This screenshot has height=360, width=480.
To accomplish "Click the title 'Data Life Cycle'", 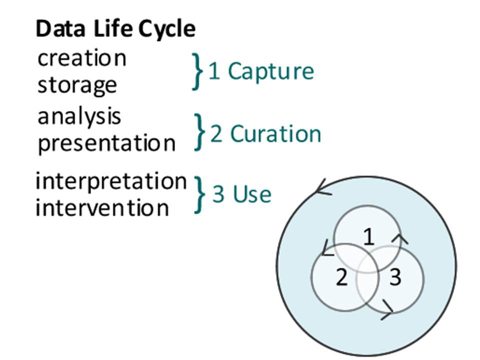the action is pyautogui.click(x=115, y=29).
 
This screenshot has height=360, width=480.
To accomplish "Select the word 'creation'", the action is pyautogui.click(x=81, y=58).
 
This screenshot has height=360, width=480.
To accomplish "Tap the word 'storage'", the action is pyautogui.click(x=77, y=85).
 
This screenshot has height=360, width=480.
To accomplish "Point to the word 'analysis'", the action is pyautogui.click(x=79, y=117).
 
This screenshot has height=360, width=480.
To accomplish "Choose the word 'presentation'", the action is pyautogui.click(x=106, y=143).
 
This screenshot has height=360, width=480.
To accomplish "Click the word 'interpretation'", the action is pyautogui.click(x=111, y=181).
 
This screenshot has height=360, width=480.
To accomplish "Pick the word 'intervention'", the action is pyautogui.click(x=102, y=207).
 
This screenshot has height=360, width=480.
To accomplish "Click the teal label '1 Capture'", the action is pyautogui.click(x=261, y=71).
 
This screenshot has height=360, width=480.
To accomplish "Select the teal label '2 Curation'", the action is pyautogui.click(x=265, y=134).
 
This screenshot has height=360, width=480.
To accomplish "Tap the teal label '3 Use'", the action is pyautogui.click(x=242, y=194).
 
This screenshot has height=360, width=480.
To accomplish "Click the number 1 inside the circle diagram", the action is pyautogui.click(x=369, y=236).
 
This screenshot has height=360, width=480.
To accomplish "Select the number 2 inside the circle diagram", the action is pyautogui.click(x=341, y=277).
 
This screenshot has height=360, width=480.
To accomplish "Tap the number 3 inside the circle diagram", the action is pyautogui.click(x=395, y=277).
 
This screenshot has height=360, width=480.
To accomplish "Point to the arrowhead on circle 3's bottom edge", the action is pyautogui.click(x=387, y=310).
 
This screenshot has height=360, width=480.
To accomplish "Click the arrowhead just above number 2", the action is pyautogui.click(x=327, y=248).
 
